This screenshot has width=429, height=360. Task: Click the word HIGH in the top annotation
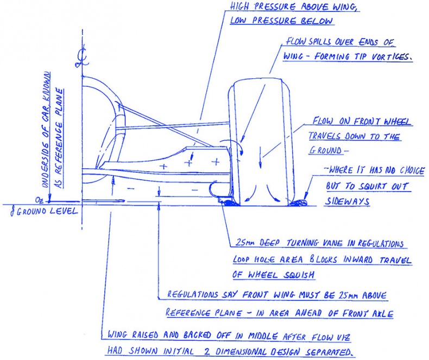point(241,7)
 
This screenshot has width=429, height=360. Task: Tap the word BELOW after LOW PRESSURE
point(319,21)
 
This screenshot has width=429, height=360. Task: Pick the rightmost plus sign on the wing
point(216,162)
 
